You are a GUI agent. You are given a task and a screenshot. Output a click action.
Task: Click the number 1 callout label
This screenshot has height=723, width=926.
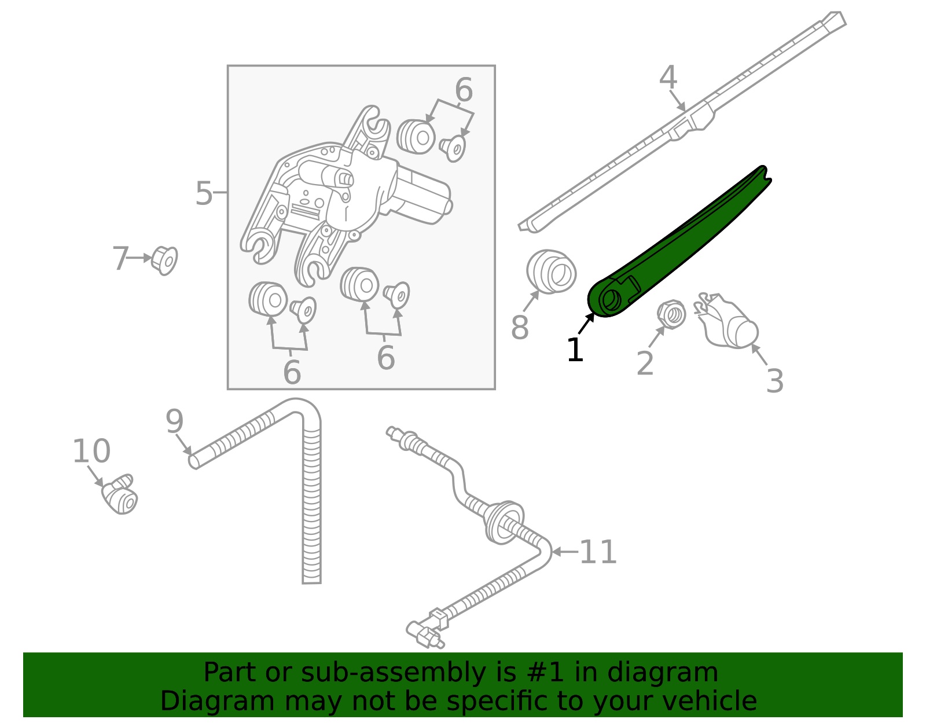click(x=575, y=350)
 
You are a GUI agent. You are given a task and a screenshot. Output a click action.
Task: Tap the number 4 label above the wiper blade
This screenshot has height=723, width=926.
click(x=668, y=78)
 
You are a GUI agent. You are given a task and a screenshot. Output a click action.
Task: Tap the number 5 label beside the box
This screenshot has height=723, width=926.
click(x=204, y=193)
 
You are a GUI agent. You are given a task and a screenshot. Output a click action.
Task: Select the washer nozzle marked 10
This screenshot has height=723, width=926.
click(x=120, y=497)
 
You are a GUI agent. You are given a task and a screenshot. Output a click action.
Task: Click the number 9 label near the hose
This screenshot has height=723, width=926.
click(x=174, y=421)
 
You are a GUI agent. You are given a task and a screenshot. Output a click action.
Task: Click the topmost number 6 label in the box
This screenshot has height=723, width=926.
click(x=464, y=90)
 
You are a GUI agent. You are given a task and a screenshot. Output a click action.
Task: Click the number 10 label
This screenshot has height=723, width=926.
click(x=91, y=451)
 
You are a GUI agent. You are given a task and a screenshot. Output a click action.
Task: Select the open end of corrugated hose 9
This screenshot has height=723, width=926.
click(x=194, y=461)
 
